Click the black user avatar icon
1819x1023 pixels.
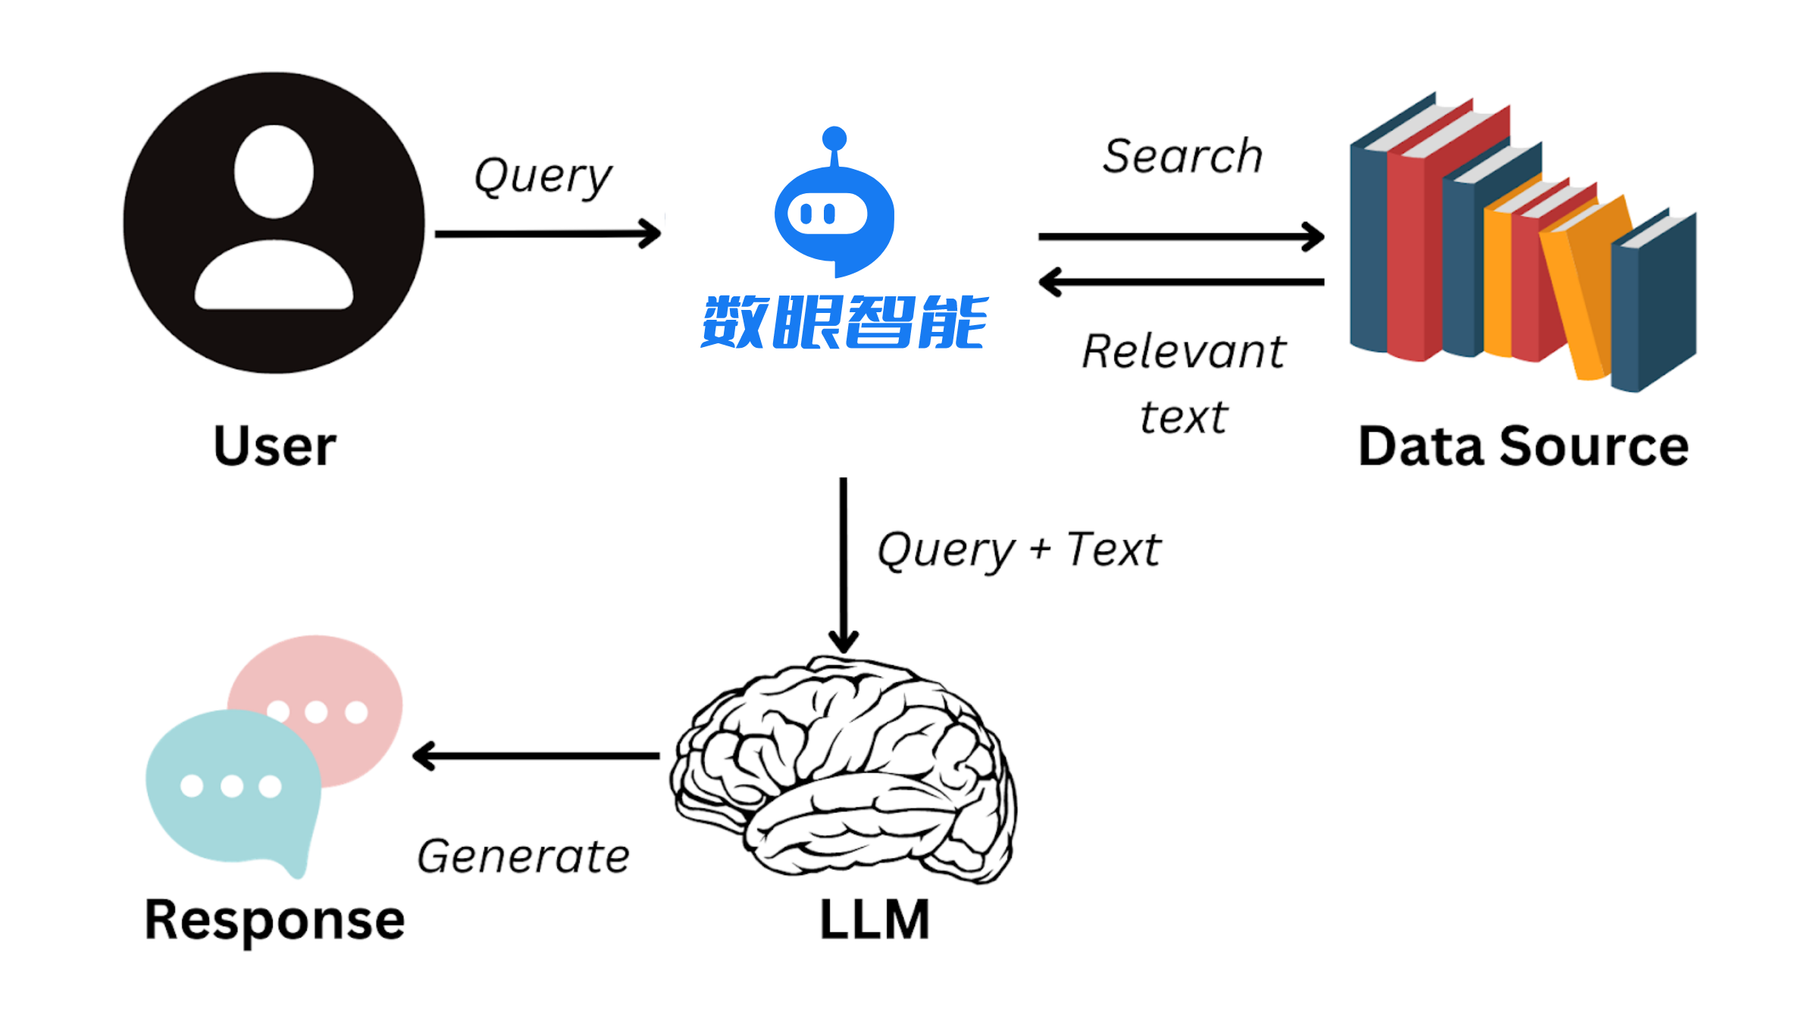(x=274, y=223)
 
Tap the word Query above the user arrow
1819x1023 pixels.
(x=543, y=177)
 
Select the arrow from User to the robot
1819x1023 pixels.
(x=548, y=233)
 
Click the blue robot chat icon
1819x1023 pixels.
(x=834, y=202)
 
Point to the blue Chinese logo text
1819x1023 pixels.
(x=844, y=322)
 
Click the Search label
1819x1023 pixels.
(x=1182, y=156)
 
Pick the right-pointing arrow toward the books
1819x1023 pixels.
(x=1182, y=236)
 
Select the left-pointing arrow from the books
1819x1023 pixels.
(x=1182, y=282)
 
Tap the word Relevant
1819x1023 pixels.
(x=1184, y=352)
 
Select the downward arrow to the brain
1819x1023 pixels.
(x=843, y=565)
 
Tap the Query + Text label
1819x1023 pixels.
(x=1019, y=549)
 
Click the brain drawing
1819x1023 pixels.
(x=843, y=770)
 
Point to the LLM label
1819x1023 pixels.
(x=875, y=919)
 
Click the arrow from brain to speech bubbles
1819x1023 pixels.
(x=536, y=756)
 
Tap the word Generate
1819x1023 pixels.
(x=523, y=857)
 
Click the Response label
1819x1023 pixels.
(x=274, y=921)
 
